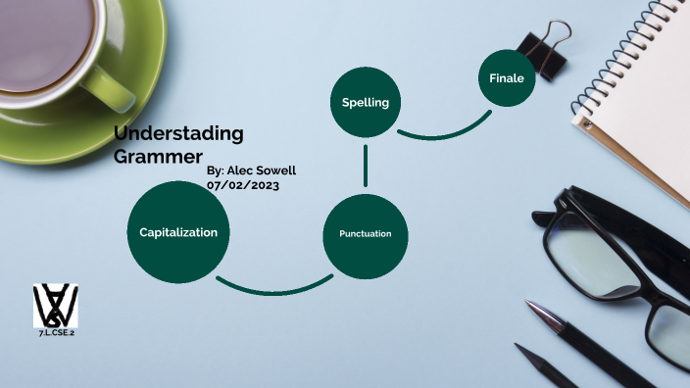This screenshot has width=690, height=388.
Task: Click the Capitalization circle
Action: [x=177, y=232]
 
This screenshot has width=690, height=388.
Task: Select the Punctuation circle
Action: [x=365, y=234]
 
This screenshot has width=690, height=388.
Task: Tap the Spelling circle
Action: [x=365, y=102]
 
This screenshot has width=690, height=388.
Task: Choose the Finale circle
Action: [x=507, y=77]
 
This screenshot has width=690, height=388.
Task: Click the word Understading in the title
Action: [x=178, y=133]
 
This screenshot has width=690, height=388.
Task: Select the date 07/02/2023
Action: [x=242, y=184]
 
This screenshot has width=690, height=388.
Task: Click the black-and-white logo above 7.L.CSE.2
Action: [x=55, y=306]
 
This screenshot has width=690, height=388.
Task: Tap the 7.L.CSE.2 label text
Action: [x=55, y=333]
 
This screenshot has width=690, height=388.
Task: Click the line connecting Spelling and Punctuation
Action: [x=365, y=166]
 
